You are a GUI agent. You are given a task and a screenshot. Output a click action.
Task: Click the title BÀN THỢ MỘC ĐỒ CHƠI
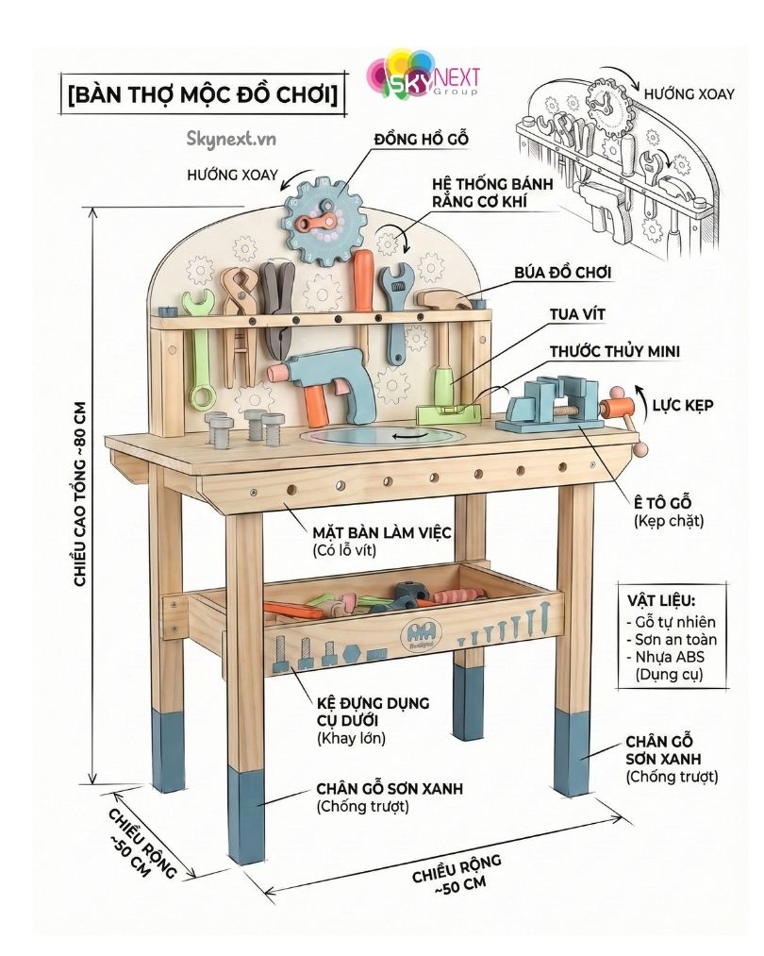click(x=202, y=95)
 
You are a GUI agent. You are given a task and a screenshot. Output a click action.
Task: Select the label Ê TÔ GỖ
click(x=664, y=501)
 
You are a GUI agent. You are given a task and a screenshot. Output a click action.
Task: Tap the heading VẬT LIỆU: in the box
click(x=661, y=601)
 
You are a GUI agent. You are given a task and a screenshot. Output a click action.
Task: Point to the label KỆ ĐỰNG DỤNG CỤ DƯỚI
click(x=373, y=711)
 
